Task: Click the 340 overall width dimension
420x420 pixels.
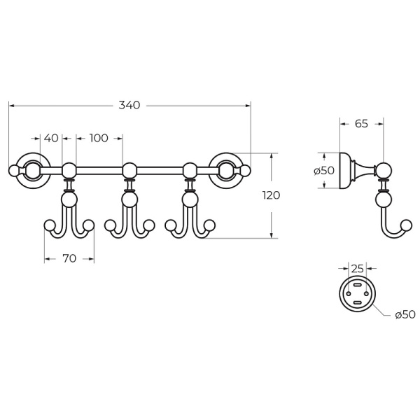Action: [129, 105]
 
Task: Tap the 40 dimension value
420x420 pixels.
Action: [51, 138]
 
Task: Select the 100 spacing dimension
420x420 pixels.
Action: [99, 138]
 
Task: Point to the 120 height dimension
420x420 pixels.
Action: [271, 195]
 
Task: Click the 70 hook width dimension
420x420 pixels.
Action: [69, 258]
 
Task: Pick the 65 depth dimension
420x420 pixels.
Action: [361, 124]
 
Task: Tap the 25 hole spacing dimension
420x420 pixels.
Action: [357, 268]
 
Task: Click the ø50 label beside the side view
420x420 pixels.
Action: [324, 171]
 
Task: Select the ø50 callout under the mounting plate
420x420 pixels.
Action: [405, 315]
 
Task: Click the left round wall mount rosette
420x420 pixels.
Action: [34, 171]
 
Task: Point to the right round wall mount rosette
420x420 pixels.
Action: [226, 171]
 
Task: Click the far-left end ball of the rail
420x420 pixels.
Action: [13, 171]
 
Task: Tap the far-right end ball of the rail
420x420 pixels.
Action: [246, 171]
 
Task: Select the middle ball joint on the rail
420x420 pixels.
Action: [129, 170]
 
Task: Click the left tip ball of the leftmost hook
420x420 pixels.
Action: [49, 225]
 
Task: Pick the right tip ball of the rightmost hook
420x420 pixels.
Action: [210, 225]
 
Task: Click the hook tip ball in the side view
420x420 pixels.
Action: [407, 225]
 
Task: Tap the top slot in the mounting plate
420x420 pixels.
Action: [357, 285]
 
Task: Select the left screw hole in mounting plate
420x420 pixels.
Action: [349, 294]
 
